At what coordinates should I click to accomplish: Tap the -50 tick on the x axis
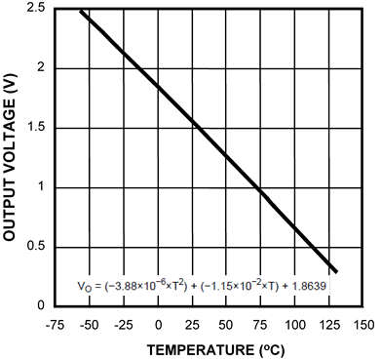pos(89,322)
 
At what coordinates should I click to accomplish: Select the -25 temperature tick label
pos(124,322)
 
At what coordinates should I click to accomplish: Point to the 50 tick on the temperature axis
pos(226,322)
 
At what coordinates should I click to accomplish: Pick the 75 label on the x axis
pos(260,322)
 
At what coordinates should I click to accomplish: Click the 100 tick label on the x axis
pos(294,322)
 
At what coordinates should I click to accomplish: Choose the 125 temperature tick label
pos(328,322)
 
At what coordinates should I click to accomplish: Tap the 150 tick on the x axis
pos(362,322)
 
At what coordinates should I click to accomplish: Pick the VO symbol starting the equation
pos(84,287)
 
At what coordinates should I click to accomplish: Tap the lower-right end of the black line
pos(336,271)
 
